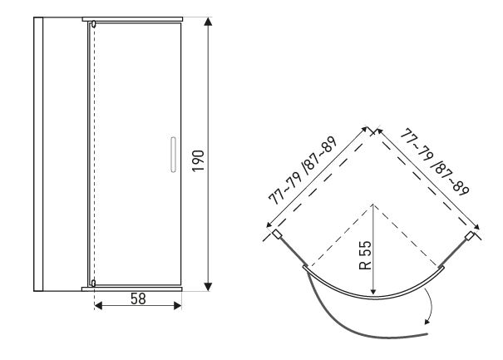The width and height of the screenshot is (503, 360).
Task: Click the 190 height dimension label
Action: [x=198, y=160]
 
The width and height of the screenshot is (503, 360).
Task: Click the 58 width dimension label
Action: [x=138, y=299]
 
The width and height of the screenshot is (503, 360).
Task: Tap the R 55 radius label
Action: [x=365, y=255]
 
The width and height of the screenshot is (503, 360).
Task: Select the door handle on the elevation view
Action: [x=173, y=155]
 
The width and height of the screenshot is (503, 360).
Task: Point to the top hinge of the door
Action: [x=93, y=23]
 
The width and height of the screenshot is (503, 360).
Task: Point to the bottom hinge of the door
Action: [x=93, y=283]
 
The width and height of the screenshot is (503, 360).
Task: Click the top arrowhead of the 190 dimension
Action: [x=208, y=22]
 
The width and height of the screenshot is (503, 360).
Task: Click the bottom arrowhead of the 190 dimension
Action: [x=208, y=287]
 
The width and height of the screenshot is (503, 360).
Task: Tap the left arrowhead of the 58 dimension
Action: [x=98, y=305]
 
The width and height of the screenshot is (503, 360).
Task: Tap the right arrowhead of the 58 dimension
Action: [x=177, y=305]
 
